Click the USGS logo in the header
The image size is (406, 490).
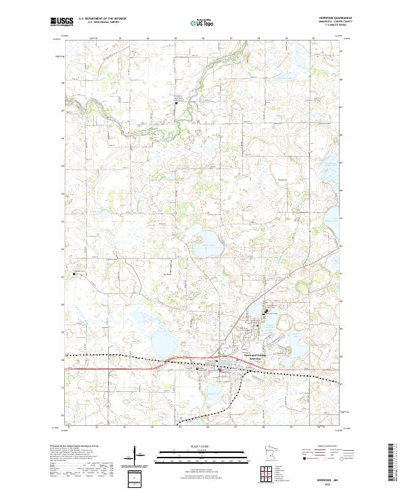coord(62,22)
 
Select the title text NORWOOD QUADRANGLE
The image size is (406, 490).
coord(328,19)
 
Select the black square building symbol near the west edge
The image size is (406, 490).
coord(74,274)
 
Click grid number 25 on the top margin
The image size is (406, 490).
coord(175,39)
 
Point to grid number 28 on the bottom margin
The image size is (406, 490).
coord(263,427)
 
